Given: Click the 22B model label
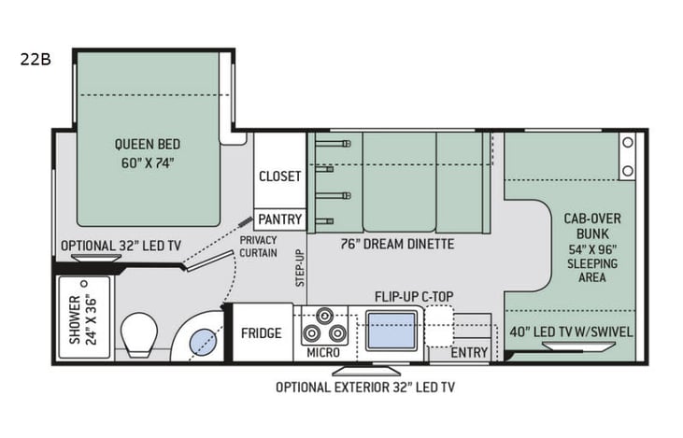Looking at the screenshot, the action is [36, 59].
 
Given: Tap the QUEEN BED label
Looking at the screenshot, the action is [148, 144].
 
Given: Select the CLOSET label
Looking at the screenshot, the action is [279, 177].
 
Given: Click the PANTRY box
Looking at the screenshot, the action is [279, 219].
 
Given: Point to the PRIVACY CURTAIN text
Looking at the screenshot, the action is [258, 247].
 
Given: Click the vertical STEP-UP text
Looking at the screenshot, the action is [300, 268].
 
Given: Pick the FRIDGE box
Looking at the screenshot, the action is [262, 332].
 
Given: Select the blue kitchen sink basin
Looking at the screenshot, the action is [392, 331].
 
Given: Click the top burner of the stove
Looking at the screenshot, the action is [324, 315].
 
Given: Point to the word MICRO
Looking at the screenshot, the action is [323, 353].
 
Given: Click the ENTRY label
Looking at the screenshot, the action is [469, 352].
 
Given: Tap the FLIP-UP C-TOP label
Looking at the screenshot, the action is [414, 297].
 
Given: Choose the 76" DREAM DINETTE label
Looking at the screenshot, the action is [397, 244].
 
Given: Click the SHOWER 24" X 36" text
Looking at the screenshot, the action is [82, 319].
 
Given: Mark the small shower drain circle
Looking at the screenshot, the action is [84, 283].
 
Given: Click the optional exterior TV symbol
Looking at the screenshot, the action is [367, 371].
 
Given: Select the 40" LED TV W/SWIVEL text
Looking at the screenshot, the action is [571, 332].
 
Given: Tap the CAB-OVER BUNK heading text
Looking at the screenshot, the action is [592, 226].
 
